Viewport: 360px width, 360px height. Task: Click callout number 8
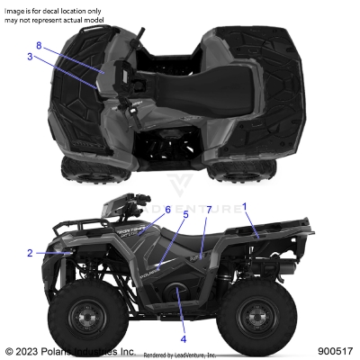[39, 44]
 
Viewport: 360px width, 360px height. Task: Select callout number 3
[30, 57]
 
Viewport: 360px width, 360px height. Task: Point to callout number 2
[30, 253]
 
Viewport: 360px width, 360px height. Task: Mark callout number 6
[167, 210]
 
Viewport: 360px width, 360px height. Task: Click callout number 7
[209, 210]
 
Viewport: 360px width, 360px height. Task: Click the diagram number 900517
[334, 351]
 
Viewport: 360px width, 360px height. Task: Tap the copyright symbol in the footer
[9, 351]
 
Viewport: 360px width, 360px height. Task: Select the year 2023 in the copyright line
[28, 351]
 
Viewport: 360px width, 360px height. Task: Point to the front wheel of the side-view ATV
[84, 317]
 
